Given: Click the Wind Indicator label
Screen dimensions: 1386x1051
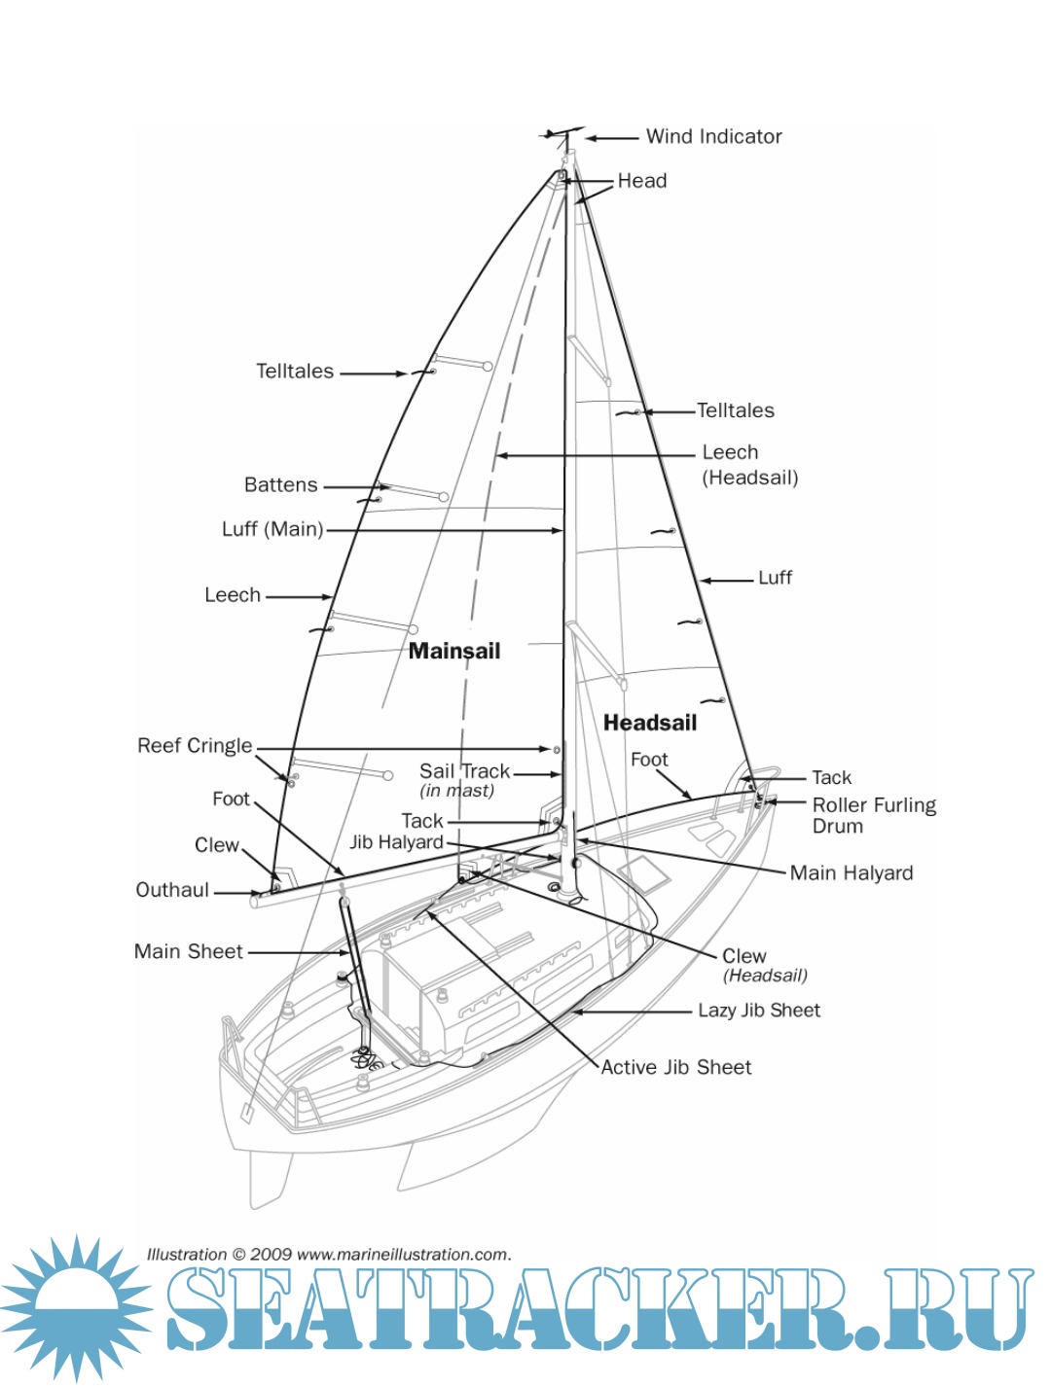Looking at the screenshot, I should tap(713, 137).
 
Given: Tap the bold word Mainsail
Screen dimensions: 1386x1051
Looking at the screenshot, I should tap(454, 652).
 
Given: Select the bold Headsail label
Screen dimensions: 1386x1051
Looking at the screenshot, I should tap(650, 723).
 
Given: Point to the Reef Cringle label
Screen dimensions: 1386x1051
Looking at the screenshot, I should tap(195, 746).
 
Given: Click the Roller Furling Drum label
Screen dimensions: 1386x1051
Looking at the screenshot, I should tap(874, 815).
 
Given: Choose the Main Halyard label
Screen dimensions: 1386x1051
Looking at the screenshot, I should tap(852, 873).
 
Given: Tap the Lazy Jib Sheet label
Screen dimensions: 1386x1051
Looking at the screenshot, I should tap(759, 1011).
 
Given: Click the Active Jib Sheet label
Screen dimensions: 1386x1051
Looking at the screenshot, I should tap(676, 1068).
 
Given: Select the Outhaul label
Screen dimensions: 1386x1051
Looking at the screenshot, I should tap(172, 890).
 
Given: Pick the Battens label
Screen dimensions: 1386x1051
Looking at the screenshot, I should tap(280, 485).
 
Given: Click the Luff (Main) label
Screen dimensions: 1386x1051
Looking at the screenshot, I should tap(272, 529).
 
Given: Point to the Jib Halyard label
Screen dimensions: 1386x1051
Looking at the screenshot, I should tap(396, 842).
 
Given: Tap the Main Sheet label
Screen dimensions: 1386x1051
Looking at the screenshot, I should tap(189, 952).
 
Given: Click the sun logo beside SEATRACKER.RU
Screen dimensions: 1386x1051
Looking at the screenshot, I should tap(76, 1307).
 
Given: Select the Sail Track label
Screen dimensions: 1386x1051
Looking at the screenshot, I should tap(464, 771).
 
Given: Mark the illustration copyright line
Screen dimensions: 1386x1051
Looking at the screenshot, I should tap(329, 1255).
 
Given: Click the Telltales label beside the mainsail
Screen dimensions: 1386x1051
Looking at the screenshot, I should tap(295, 372).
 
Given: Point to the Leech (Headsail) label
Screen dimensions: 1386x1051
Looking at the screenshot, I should tap(749, 465).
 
